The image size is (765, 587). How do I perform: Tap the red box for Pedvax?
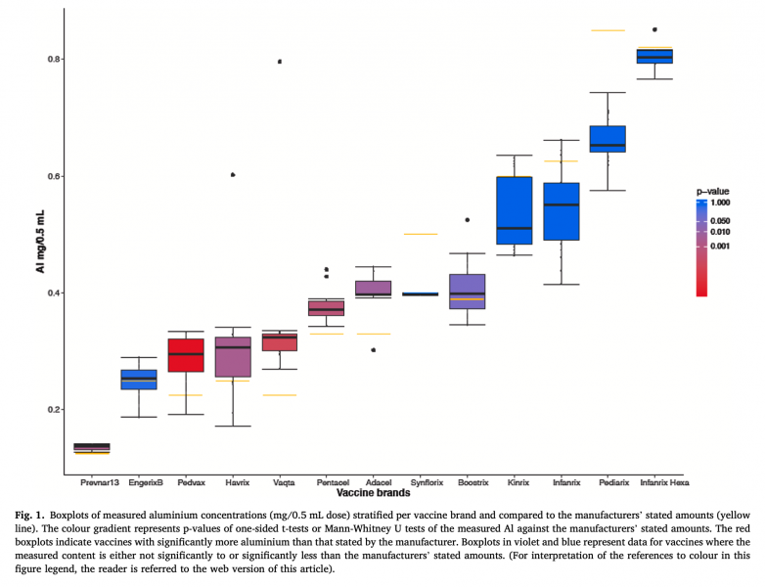point(186,355)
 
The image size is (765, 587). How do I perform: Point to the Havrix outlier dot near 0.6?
point(233,175)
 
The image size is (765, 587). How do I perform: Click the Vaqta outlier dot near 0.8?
point(280,62)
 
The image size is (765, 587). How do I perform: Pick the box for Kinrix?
point(514,210)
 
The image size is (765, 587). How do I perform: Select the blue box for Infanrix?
point(561,211)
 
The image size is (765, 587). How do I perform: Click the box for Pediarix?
point(607,139)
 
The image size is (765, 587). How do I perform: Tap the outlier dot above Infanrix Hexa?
point(654,29)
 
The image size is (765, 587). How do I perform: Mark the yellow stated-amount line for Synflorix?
point(421,234)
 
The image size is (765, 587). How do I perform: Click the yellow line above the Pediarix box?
point(607,30)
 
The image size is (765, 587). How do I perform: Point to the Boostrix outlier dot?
point(468,220)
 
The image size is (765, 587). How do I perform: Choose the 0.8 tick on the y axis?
point(55,60)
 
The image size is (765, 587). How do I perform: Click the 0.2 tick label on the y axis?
point(55,409)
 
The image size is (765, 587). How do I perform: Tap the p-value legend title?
point(712,190)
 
